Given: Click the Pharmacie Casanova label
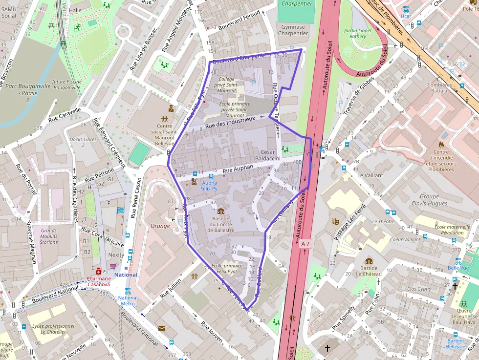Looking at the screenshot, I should tap(98, 281).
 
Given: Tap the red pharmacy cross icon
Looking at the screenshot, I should tap(99, 271).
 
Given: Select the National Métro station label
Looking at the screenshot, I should tap(128, 300).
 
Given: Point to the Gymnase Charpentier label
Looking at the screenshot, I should tap(293, 30).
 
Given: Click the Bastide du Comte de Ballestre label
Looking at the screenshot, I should tap(221, 225).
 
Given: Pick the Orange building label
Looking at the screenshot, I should tap(160, 226).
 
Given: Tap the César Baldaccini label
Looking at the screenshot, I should tap(270, 155).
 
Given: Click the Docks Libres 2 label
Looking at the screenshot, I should tap(83, 143).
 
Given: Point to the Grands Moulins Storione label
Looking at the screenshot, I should tap(49, 236).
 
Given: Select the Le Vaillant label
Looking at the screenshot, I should tap(370, 175).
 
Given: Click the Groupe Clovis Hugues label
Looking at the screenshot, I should tap(429, 200).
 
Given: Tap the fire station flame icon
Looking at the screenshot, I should tap(441, 145).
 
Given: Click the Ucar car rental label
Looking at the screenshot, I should tap(406, 16).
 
